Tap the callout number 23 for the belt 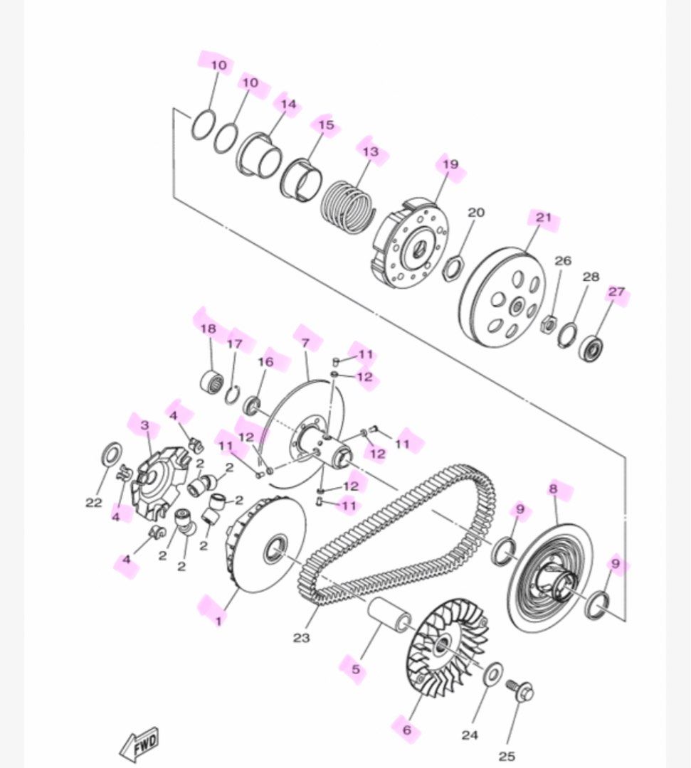point(301,638)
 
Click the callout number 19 point(450,164)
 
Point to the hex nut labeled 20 point(452,267)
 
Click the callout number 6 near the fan point(406,730)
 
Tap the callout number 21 point(544,218)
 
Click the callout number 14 point(288,104)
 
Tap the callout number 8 point(552,489)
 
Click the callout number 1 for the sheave point(218,620)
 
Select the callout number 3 point(144,426)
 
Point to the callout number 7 point(305,343)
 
